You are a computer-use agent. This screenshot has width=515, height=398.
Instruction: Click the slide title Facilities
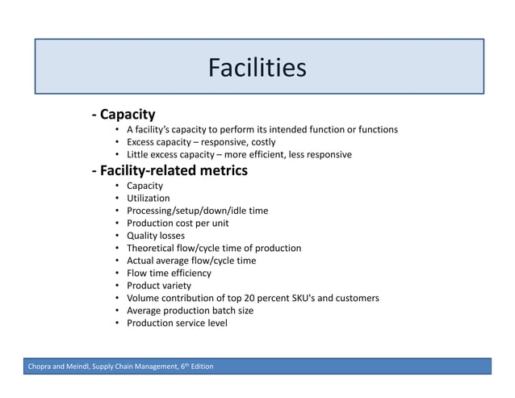[x=257, y=68]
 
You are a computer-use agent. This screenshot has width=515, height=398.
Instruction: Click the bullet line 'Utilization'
[x=148, y=198]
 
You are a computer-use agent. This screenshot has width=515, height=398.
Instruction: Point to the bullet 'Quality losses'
[x=155, y=236]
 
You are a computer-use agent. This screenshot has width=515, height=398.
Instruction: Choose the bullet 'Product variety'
[x=159, y=285]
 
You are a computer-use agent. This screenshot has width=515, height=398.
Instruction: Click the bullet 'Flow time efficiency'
[x=169, y=273]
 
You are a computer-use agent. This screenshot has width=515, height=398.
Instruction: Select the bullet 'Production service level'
[x=177, y=323]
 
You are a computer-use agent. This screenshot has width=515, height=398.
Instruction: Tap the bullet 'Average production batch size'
[x=190, y=310]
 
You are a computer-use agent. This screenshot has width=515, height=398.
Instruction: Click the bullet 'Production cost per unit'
[x=178, y=223]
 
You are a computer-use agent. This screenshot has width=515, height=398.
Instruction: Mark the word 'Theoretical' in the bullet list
[x=153, y=248]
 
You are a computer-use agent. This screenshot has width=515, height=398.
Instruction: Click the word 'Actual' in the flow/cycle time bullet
[x=141, y=261]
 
